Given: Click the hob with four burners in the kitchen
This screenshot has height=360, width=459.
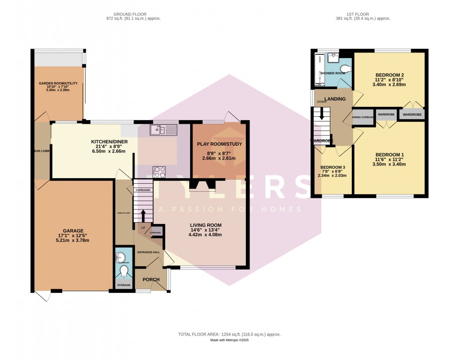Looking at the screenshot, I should point(159,172).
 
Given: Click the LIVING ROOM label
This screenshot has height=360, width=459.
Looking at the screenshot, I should point(206,225).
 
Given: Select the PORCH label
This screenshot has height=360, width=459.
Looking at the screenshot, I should point(151,280).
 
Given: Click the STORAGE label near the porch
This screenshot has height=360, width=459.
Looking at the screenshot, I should point(124,285).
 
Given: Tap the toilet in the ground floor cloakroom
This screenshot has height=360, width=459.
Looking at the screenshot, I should point(125,272).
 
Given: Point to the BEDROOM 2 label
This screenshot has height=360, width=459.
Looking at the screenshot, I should point(390,75).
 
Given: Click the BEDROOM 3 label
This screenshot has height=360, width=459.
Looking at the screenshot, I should point(333,167).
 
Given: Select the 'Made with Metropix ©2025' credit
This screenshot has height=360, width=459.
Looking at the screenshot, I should point(229,340).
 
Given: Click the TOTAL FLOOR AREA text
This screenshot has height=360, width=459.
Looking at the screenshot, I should point(229,334).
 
